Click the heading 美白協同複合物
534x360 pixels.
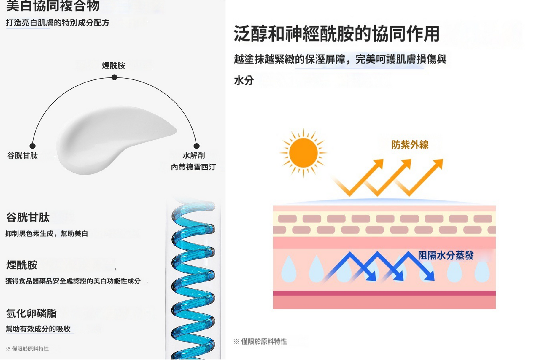click(53, 6)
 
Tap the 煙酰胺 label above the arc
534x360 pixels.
click(113, 65)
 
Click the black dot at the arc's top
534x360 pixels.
click(114, 77)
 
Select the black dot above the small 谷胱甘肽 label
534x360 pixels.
click(33, 146)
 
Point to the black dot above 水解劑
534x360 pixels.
click(196, 146)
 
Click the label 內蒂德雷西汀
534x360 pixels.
click(193, 167)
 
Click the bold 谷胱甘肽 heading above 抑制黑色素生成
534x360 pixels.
click(28, 217)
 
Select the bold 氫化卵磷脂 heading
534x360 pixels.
click(31, 313)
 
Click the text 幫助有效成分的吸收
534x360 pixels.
click(38, 329)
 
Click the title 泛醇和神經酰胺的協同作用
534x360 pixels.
click(336, 34)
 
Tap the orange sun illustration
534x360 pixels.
click(303, 153)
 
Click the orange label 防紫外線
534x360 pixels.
click(410, 145)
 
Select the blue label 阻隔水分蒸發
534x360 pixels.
click(446, 255)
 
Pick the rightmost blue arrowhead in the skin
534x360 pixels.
click(430, 276)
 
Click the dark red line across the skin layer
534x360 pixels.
click(384, 293)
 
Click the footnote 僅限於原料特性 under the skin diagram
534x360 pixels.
click(263, 342)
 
